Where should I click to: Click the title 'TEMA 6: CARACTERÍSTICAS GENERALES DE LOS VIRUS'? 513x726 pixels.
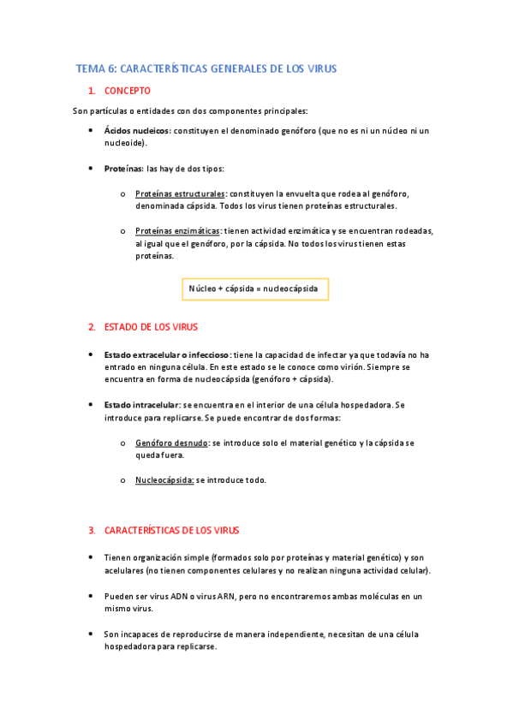click(206, 68)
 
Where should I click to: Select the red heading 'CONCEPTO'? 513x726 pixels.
click(128, 91)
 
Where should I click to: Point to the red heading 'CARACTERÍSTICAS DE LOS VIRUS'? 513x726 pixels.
click(171, 530)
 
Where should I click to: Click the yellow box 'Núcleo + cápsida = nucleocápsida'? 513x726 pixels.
click(254, 289)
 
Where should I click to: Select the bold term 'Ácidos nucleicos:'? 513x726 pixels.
click(137, 131)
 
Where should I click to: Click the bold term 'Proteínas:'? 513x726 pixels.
click(123, 169)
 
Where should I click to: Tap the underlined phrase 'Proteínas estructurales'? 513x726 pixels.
click(180, 194)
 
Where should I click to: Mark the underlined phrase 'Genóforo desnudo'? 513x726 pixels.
click(171, 443)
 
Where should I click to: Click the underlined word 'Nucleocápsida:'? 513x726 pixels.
click(164, 480)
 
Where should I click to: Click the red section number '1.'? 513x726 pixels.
click(92, 91)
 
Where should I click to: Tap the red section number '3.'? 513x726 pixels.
click(92, 530)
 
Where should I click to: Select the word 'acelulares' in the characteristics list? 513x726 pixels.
click(123, 570)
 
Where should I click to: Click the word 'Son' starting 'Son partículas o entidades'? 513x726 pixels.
click(80, 111)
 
